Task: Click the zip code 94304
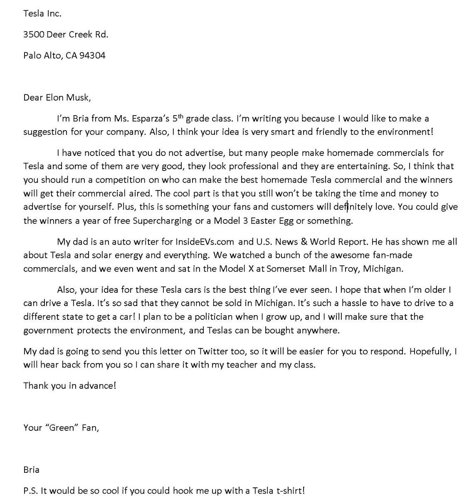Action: coord(92,55)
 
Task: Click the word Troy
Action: coord(348,269)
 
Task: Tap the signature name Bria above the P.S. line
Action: coord(31,470)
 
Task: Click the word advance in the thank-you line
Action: coord(98,385)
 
